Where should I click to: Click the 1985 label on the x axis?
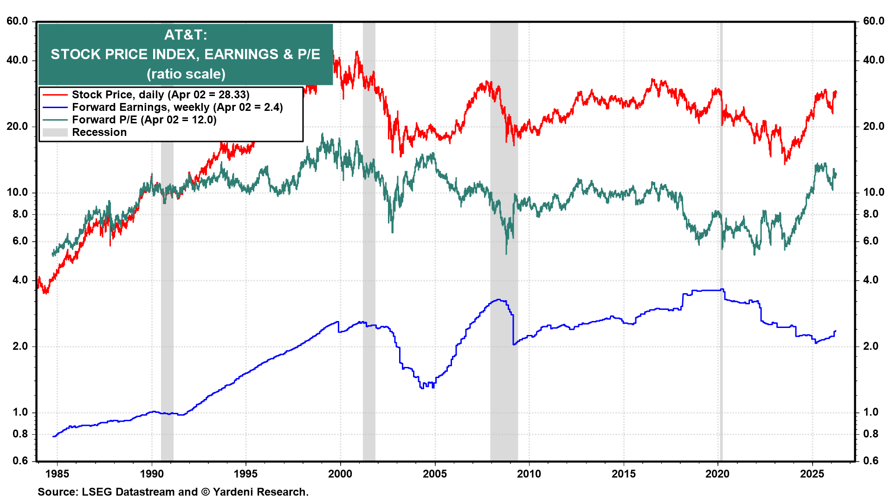coord(58,474)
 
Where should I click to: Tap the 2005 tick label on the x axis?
coord(435,474)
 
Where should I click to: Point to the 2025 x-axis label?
coord(812,474)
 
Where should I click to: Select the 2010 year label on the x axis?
coord(529,474)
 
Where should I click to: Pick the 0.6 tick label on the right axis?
coord(871,461)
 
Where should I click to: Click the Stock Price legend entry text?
coord(161,95)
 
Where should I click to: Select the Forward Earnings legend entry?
coord(177,107)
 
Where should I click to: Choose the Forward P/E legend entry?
coord(144,120)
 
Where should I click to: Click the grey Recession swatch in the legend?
coord(55,133)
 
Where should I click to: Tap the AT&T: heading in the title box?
coord(186,35)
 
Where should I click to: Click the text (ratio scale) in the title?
coord(186,74)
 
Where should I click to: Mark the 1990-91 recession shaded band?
coord(167,302)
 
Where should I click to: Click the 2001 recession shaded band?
coord(369,278)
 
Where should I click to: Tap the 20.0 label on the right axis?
coord(873,126)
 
